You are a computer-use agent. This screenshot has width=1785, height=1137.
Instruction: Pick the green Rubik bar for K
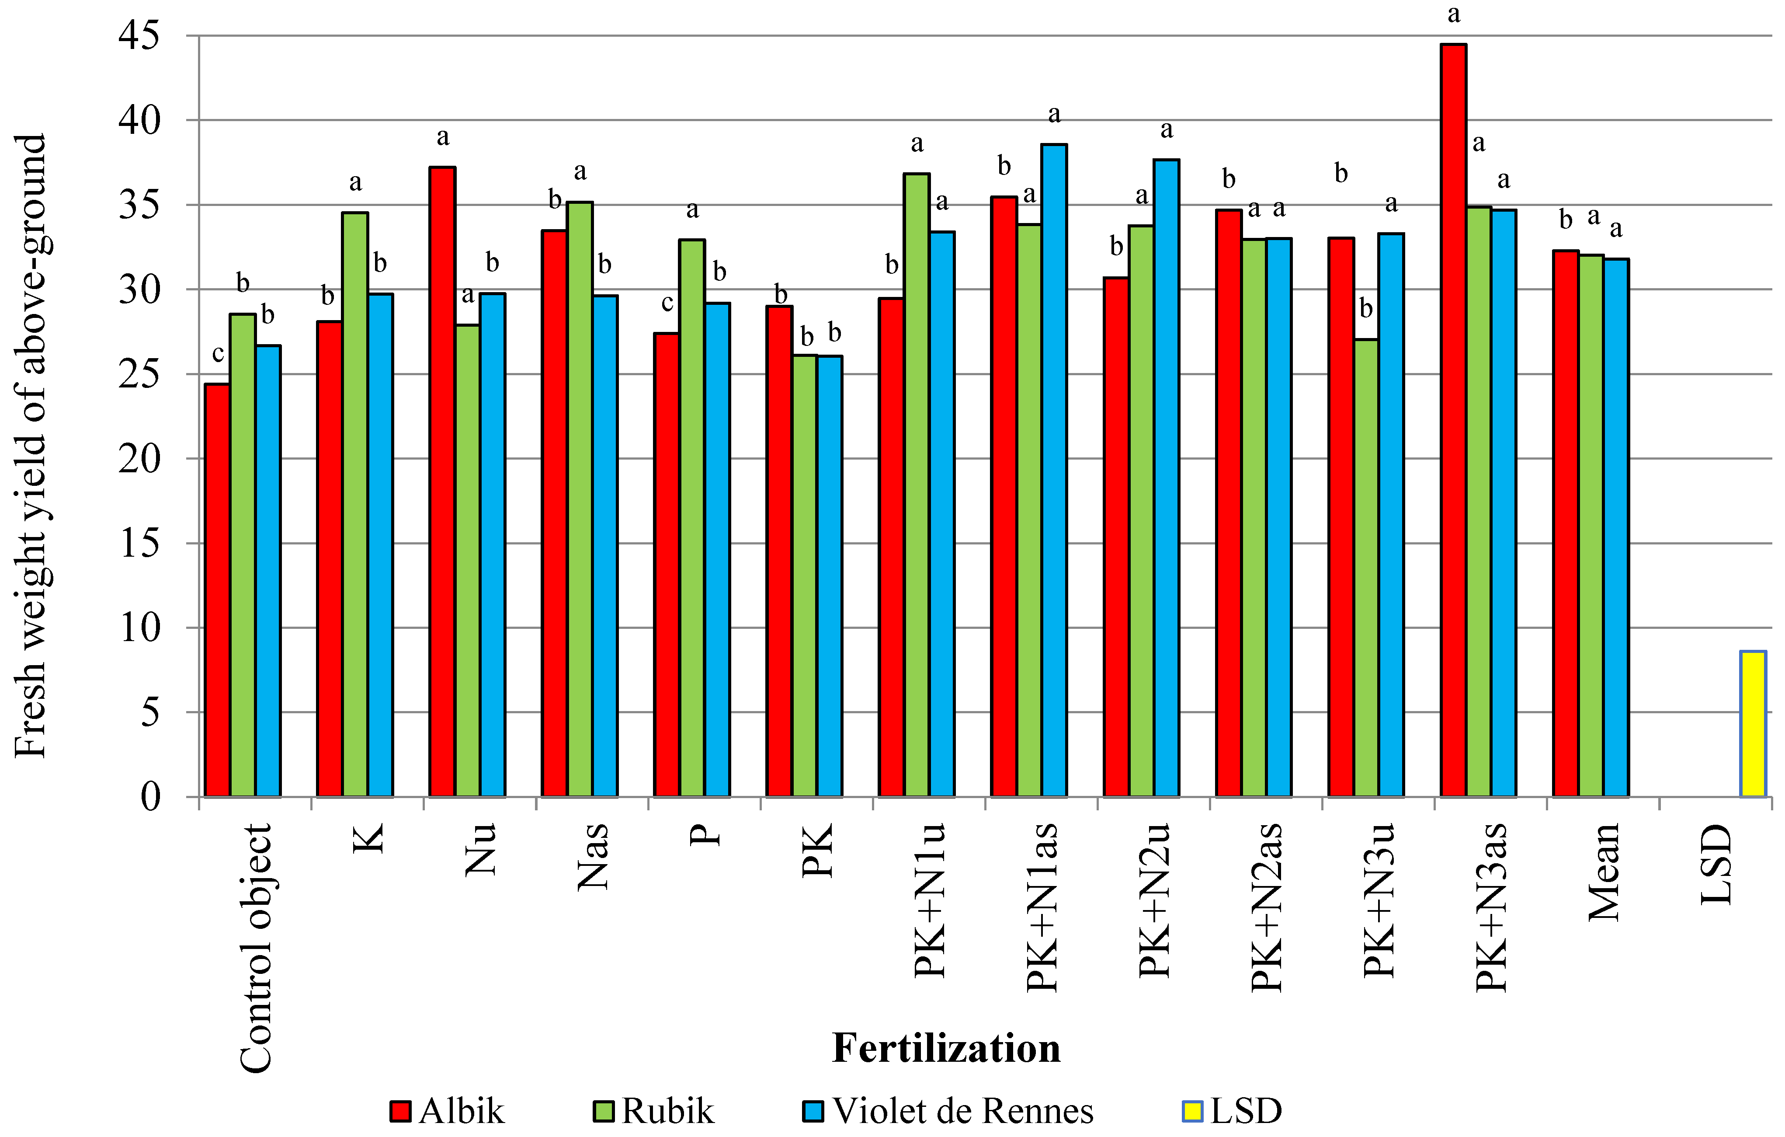[x=355, y=504]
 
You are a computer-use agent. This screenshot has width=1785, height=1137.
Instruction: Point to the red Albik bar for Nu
[x=443, y=482]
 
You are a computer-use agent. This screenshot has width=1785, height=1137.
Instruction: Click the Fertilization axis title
[x=946, y=1048]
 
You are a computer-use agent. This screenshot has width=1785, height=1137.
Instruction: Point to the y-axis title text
[x=31, y=445]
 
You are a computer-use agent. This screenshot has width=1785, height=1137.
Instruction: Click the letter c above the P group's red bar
[x=667, y=303]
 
